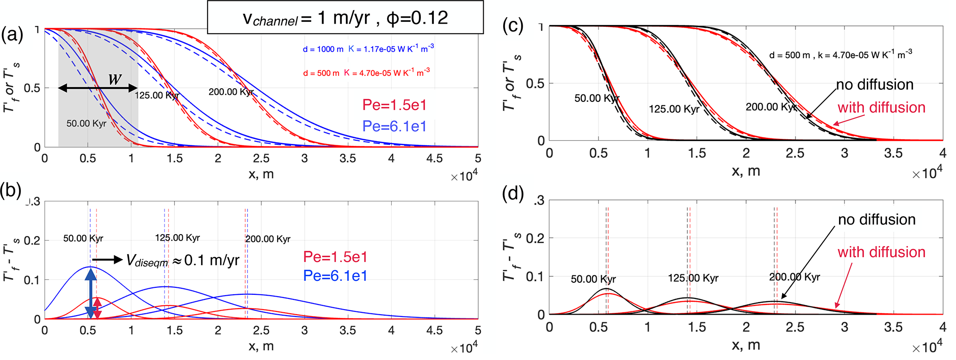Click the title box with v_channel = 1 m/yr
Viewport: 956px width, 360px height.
click(x=345, y=18)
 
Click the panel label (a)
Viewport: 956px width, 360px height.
click(x=12, y=35)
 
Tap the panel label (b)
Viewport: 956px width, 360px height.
click(x=12, y=191)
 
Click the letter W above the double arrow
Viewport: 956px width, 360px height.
click(x=115, y=79)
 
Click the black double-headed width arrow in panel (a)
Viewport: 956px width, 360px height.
click(x=98, y=88)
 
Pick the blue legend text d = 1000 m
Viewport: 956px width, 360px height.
click(x=323, y=49)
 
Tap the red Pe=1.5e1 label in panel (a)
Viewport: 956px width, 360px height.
click(x=394, y=105)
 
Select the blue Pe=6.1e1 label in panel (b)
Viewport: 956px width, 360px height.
click(x=335, y=276)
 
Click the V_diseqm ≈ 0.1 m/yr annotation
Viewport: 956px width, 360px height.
click(x=182, y=260)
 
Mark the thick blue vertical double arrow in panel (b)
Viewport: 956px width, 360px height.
click(x=91, y=292)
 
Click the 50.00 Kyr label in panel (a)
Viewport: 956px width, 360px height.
click(x=86, y=124)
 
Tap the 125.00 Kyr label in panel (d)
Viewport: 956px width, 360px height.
click(x=693, y=278)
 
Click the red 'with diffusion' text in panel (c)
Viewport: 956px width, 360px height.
click(x=881, y=107)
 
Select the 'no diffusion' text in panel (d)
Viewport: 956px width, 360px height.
click(x=876, y=219)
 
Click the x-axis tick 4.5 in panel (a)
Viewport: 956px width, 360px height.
click(x=434, y=158)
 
